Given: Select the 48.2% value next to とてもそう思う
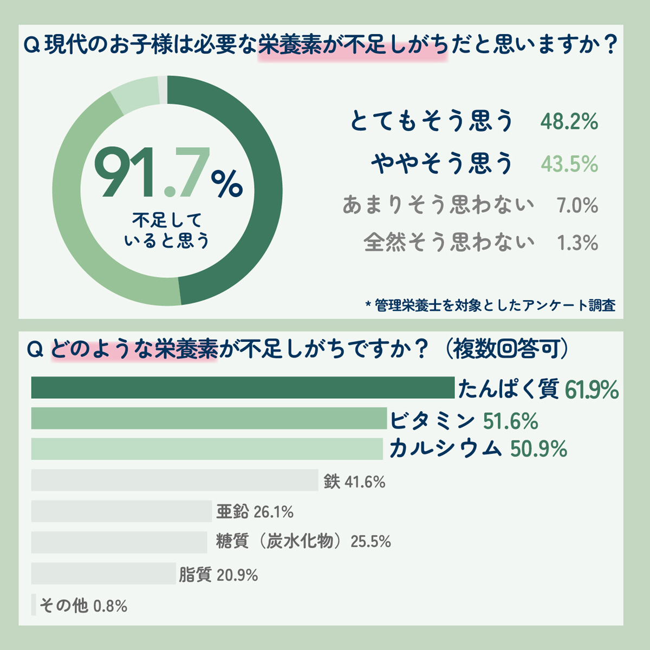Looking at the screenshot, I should [x=569, y=121].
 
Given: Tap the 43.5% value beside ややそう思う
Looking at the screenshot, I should [x=569, y=164].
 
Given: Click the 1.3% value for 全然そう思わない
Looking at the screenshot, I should [x=577, y=243].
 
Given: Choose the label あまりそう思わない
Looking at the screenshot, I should [x=438, y=205].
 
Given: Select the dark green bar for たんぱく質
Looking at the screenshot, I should [x=243, y=388].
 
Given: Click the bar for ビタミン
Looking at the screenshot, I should [x=209, y=419].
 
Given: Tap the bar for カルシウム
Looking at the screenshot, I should [x=207, y=449].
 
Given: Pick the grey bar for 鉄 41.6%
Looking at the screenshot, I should [x=174, y=480].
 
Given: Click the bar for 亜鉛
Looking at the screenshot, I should [x=121, y=511].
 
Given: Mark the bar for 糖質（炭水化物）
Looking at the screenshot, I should [x=119, y=542].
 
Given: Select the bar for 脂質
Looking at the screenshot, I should [x=103, y=574].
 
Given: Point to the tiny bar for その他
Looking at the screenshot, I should [x=34, y=605].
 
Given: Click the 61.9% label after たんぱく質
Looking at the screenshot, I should [x=591, y=389].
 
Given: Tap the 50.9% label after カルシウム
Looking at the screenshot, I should [x=539, y=450].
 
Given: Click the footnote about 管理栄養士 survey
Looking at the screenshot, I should [x=491, y=305].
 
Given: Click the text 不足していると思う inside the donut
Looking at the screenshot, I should [x=167, y=230].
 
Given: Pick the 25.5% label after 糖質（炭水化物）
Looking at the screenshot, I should [x=371, y=542].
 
